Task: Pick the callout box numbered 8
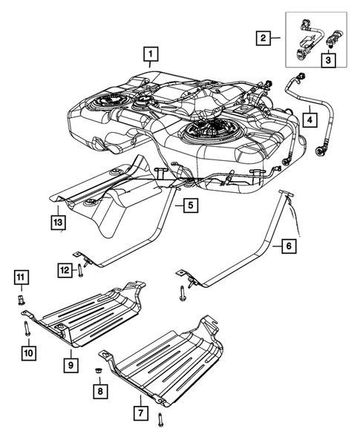(99, 390)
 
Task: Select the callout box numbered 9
(71, 364)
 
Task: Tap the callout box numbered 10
(27, 353)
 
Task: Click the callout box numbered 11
(22, 278)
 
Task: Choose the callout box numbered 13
(57, 221)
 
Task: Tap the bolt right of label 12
(80, 271)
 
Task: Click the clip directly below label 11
(23, 301)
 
